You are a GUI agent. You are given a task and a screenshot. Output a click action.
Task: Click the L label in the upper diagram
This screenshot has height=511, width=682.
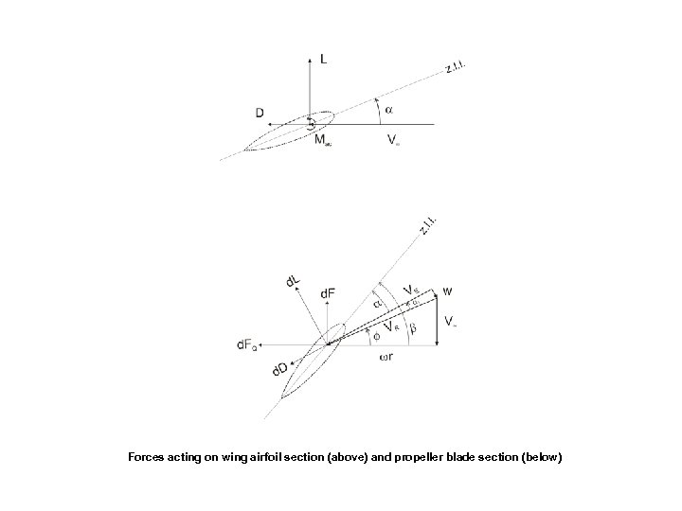(325, 59)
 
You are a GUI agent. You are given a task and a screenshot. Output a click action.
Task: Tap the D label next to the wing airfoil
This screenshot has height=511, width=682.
(259, 114)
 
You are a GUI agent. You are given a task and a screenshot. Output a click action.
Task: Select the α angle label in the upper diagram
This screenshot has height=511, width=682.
(388, 109)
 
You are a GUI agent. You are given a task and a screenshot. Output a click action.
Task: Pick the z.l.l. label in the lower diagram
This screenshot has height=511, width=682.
(428, 226)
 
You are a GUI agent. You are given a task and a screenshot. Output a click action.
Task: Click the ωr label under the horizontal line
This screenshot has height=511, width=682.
(386, 358)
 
